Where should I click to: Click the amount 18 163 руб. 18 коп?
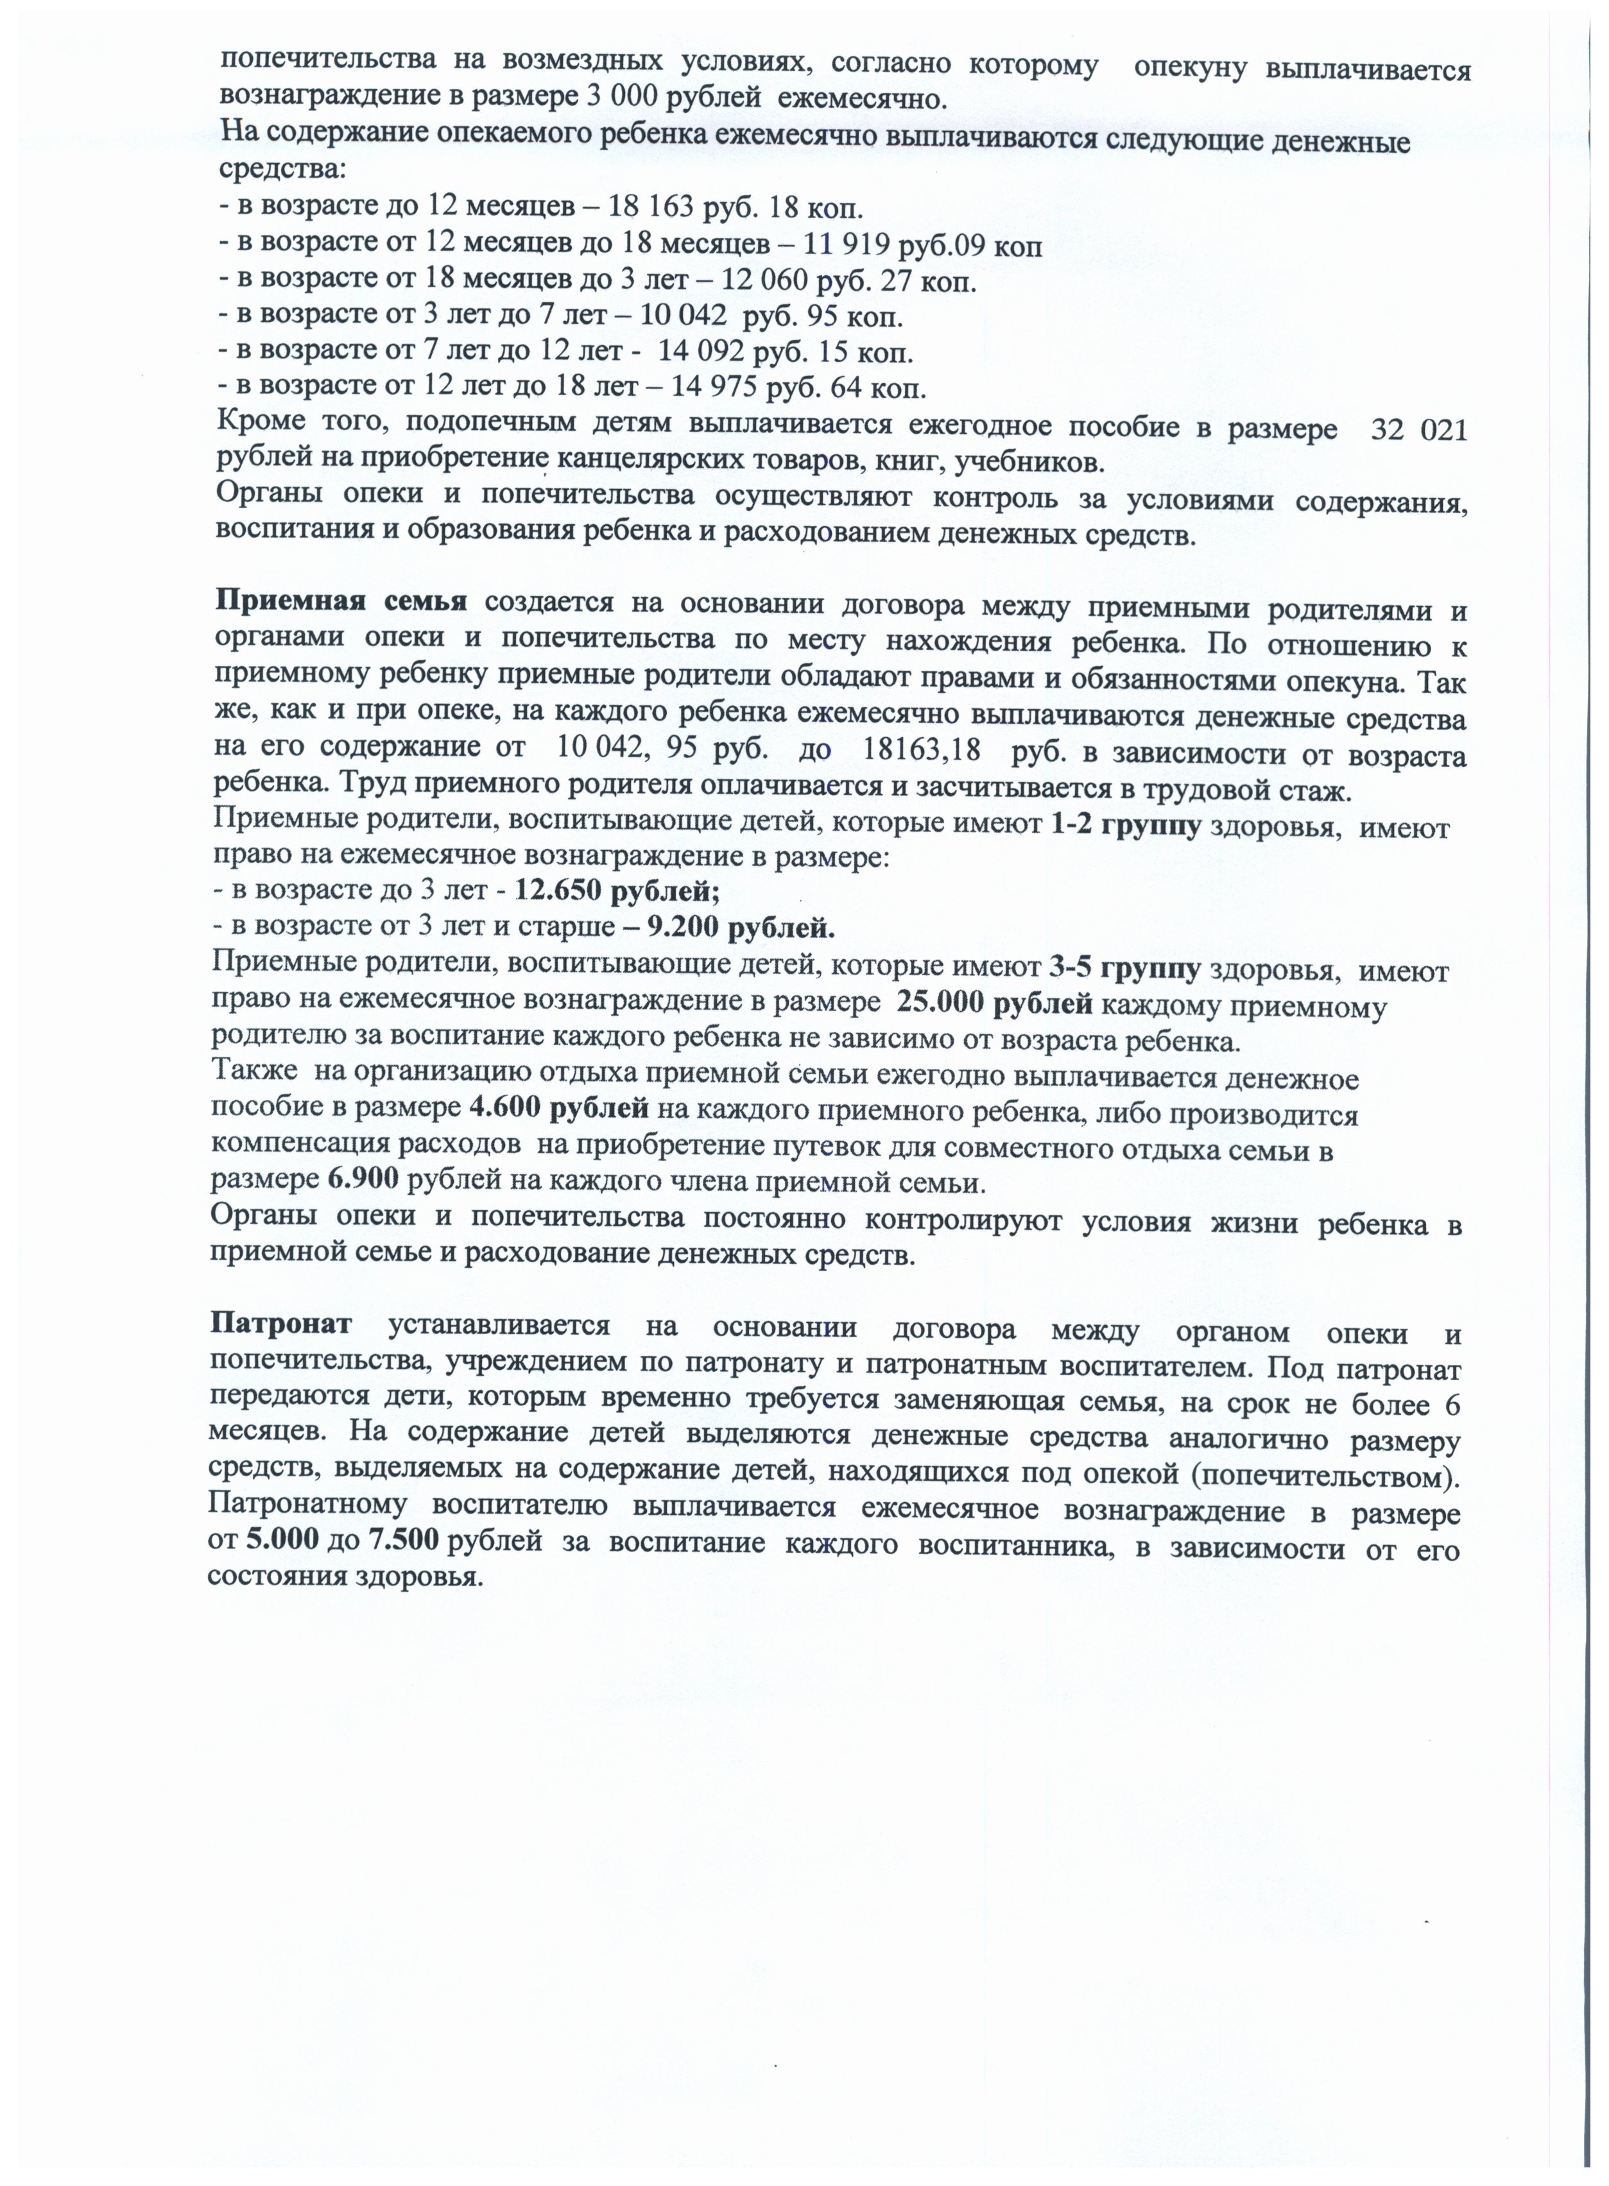click(736, 209)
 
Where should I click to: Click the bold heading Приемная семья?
click(341, 600)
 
